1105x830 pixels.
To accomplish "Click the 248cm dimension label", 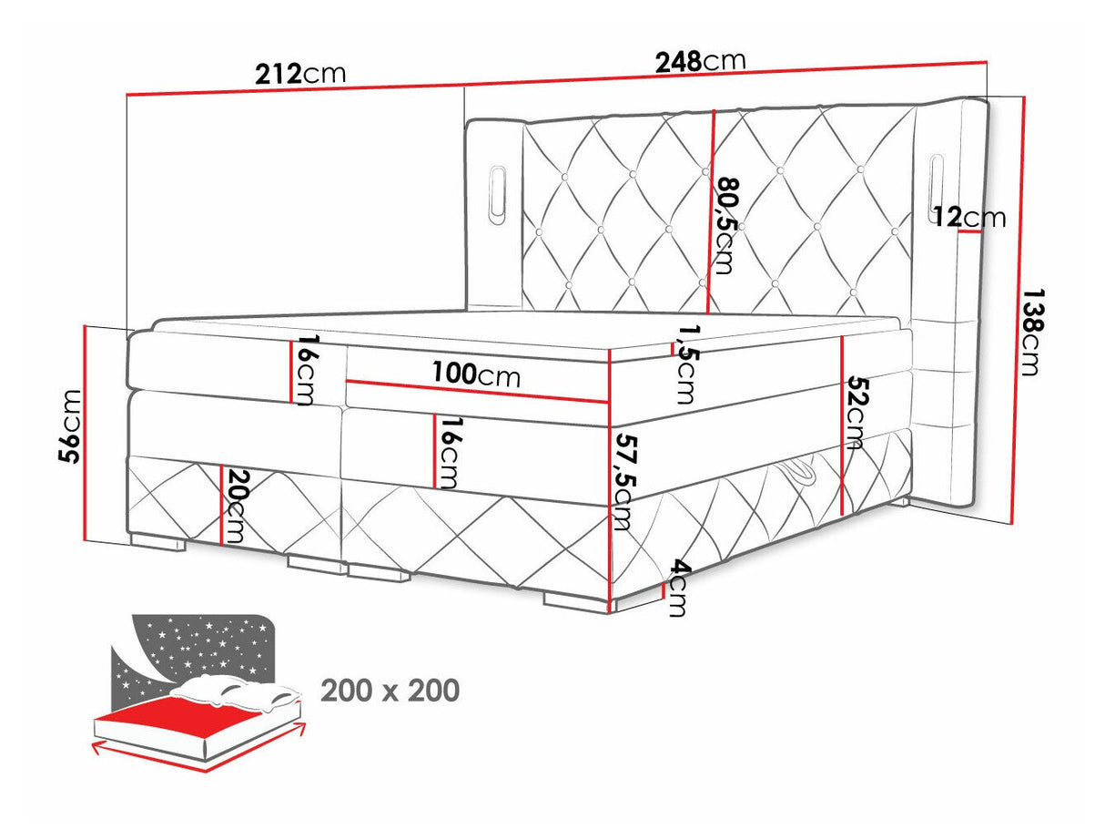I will [x=700, y=61].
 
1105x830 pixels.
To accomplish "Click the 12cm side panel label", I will [x=970, y=218].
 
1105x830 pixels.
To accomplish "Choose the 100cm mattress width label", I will [x=475, y=374].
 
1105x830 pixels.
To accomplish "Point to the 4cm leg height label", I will [x=677, y=588].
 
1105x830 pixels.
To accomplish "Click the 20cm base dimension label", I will [x=237, y=507].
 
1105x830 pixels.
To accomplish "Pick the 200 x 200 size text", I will [x=390, y=692].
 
